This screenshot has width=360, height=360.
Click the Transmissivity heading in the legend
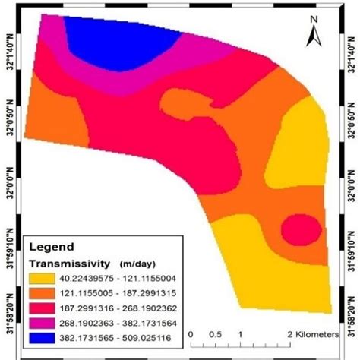tap(67, 263)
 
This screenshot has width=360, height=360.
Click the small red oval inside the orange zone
tap(293, 228)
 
